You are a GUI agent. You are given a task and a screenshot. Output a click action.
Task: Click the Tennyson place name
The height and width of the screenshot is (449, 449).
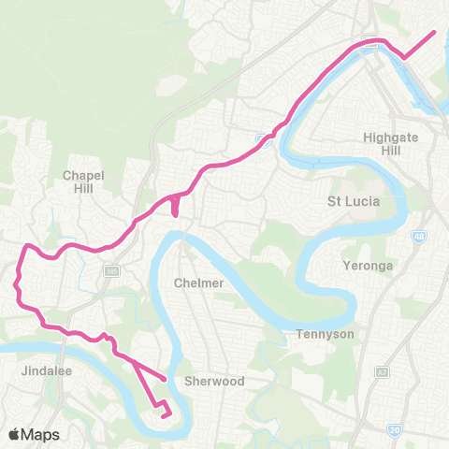click(x=322, y=334)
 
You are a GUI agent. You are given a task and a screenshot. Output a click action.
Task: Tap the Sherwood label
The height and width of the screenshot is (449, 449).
click(x=214, y=381)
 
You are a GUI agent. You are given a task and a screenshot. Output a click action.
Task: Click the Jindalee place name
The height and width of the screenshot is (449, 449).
click(x=41, y=370)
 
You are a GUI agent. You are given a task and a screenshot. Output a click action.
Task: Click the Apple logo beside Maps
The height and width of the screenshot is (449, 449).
click(x=14, y=434)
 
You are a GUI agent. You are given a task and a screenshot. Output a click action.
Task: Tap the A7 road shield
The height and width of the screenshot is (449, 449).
click(x=383, y=371)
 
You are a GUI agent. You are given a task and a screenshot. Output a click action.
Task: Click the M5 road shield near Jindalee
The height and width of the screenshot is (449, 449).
click(x=110, y=271)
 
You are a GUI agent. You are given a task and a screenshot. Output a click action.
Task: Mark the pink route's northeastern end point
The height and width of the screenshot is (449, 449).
click(x=435, y=33)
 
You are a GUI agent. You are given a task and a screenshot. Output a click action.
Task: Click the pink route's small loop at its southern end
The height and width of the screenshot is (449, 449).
click(x=164, y=410)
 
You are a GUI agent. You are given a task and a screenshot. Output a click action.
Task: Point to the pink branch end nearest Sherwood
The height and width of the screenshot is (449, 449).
click(x=166, y=379)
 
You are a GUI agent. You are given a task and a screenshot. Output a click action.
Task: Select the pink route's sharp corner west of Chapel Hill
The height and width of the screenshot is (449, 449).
click(x=26, y=248)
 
